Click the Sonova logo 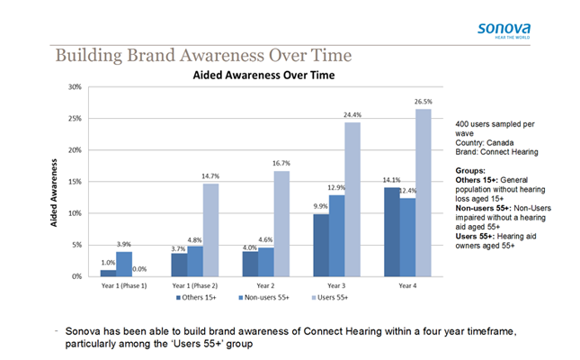[504, 31]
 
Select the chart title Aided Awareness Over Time [263, 76]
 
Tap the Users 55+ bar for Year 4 [424, 193]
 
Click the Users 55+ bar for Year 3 [352, 199]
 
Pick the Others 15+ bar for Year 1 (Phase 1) [108, 274]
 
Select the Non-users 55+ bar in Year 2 [266, 262]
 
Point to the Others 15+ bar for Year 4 [392, 232]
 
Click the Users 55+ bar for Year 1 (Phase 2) [210, 230]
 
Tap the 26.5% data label [424, 102]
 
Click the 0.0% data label [139, 269]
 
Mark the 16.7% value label [281, 163]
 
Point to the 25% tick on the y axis [75, 119]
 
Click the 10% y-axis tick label [75, 213]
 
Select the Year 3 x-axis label [336, 286]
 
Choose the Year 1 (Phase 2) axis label [195, 286]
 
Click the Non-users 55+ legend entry [263, 298]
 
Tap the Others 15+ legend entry [196, 298]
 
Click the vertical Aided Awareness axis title [54, 193]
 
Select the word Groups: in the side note [470, 171]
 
